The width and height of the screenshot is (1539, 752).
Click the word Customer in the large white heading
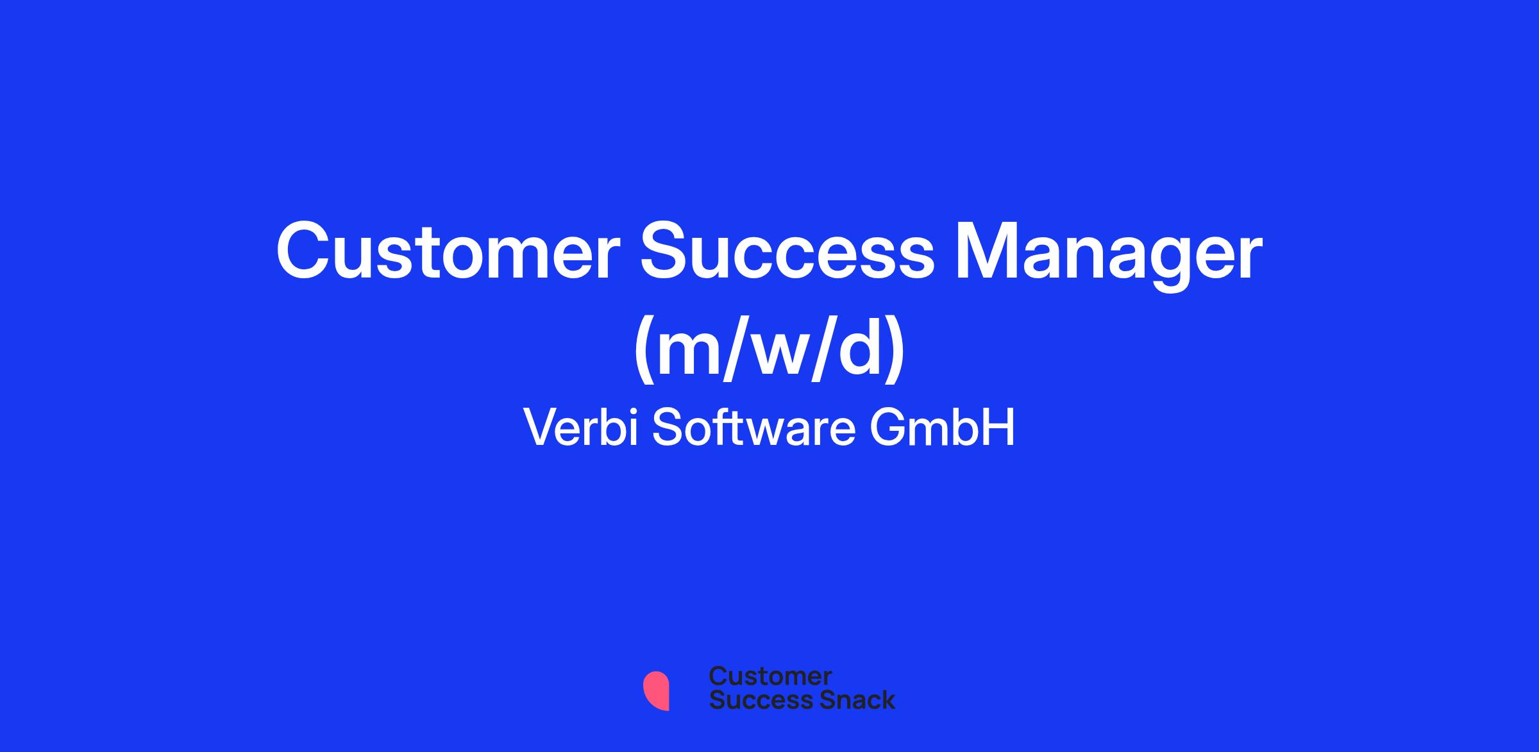pyautogui.click(x=448, y=251)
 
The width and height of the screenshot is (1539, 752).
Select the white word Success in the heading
pyautogui.click(x=787, y=251)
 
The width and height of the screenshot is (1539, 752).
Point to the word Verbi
pyautogui.click(x=581, y=427)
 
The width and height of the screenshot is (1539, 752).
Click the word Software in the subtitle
pyautogui.click(x=754, y=427)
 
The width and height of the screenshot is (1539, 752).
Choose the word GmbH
pyautogui.click(x=943, y=427)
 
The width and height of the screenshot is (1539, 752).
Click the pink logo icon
pyautogui.click(x=656, y=691)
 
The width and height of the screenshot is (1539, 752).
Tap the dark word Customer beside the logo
pyautogui.click(x=770, y=676)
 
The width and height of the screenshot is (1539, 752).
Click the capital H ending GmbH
pyautogui.click(x=1000, y=427)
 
